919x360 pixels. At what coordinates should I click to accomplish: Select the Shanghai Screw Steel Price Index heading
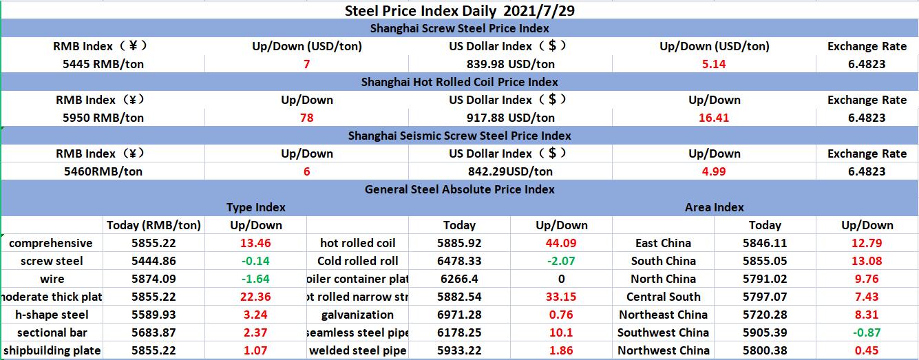tap(459, 28)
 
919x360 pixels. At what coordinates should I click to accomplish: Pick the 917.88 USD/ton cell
tap(501, 118)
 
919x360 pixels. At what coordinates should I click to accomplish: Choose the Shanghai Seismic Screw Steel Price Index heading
tap(459, 136)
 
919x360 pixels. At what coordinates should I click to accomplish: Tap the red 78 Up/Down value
tap(306, 118)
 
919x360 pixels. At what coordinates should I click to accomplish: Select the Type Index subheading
tap(255, 207)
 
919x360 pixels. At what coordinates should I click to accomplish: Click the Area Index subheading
tap(714, 207)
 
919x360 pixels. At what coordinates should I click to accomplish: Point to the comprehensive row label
tap(51, 243)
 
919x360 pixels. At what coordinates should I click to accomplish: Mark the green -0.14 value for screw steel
tap(255, 261)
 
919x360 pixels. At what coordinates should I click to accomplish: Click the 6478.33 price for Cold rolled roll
tap(459, 261)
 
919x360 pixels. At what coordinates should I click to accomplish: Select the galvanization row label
tap(357, 315)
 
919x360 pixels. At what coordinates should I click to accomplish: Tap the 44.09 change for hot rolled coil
tap(561, 243)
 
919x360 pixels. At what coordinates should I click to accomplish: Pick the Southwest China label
tap(663, 332)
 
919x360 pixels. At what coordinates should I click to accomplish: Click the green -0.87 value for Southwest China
tap(867, 332)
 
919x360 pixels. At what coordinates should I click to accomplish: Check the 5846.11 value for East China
tap(765, 243)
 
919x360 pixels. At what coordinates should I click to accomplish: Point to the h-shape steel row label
tap(52, 315)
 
